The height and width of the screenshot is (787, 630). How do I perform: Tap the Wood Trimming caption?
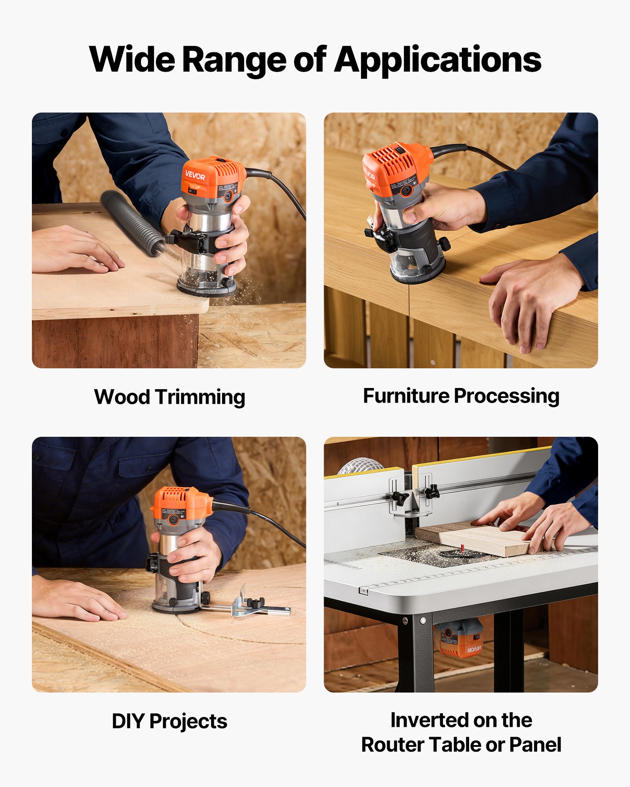169,397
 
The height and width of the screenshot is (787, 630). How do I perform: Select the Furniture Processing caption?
461,396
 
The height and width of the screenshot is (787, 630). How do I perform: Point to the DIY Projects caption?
169,721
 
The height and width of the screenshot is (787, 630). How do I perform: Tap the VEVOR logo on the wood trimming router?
195,176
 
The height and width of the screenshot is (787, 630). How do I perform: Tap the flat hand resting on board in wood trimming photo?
75,250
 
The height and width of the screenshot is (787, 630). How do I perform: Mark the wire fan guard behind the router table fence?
360,466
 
